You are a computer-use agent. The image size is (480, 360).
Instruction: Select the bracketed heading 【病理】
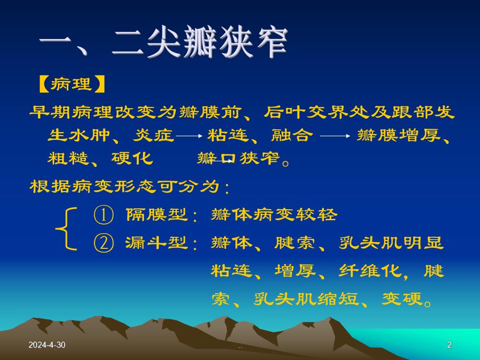point(72,84)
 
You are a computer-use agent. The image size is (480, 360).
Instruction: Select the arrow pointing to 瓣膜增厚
point(334,136)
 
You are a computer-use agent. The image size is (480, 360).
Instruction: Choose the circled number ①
point(103,214)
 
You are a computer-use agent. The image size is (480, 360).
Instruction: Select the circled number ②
point(103,243)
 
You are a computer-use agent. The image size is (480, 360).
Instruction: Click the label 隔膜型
point(157,214)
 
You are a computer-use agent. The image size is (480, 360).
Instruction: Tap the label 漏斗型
point(157,243)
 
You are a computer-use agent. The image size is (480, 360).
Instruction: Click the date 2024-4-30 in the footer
point(47,345)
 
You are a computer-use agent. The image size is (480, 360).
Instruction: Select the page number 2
point(449,345)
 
